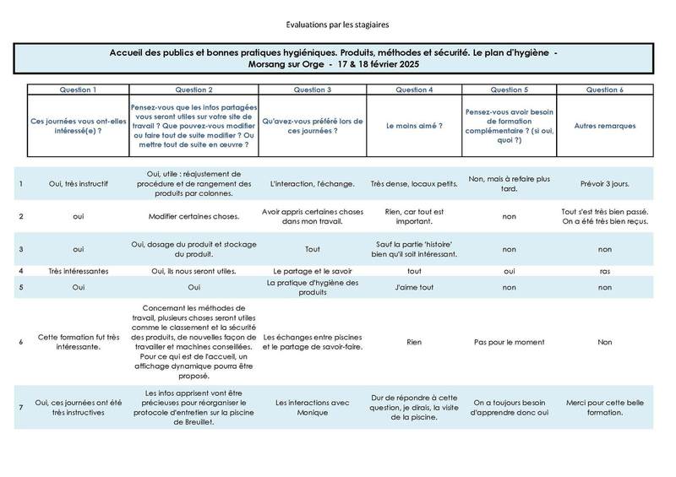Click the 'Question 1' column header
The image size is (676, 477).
78,89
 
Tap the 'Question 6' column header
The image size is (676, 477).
604,89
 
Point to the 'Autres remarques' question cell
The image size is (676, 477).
604,125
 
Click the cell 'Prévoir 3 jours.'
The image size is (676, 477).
604,182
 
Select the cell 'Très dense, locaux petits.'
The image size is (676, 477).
414,182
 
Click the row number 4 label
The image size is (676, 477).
20,271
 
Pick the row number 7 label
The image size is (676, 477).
20,407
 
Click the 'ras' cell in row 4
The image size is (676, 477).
604,271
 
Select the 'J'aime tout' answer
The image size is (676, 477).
414,287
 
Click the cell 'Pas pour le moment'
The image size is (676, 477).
509,343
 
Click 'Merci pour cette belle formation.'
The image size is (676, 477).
604,407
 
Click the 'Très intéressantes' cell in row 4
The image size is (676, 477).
78,271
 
